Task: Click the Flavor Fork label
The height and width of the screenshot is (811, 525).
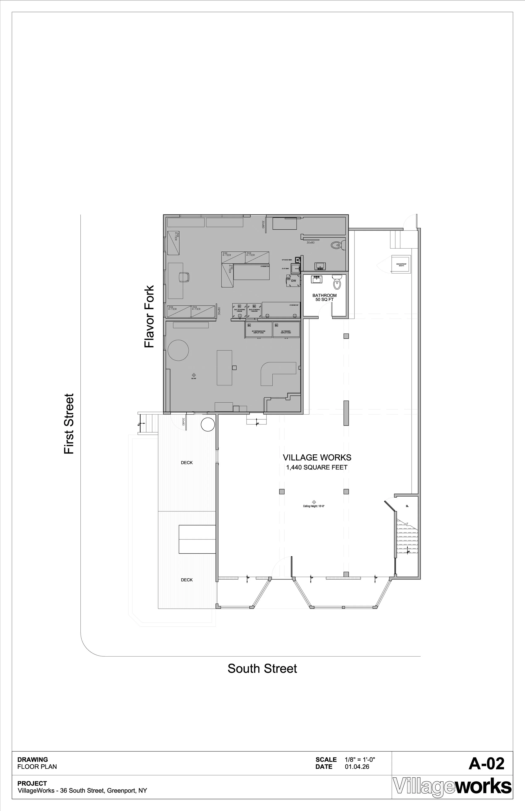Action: coord(149,317)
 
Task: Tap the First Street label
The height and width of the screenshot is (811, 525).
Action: coord(69,424)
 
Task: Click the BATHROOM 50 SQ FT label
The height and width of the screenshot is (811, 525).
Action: coord(324,297)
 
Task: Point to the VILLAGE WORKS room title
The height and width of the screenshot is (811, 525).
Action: coord(317,457)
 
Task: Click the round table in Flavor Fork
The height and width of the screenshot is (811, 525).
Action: coord(178,350)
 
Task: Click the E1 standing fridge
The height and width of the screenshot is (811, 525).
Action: coord(239,311)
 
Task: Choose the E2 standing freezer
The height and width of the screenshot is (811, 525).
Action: coord(254,311)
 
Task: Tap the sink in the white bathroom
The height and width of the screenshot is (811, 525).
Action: coord(317,280)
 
